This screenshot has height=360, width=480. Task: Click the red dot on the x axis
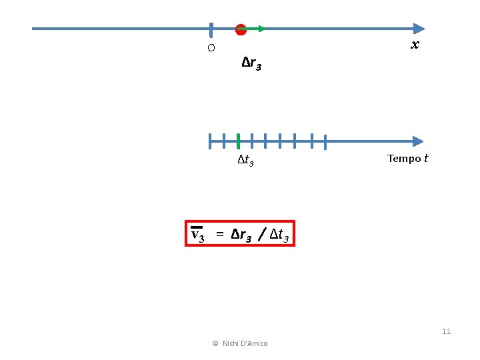pos(241,29)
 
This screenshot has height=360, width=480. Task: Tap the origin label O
pos(211,48)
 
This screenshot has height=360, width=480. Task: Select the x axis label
pos(415,45)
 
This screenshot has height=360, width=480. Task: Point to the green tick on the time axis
pos(238,141)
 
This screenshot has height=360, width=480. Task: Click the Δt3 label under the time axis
pos(245,161)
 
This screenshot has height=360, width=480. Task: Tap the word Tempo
pos(404,158)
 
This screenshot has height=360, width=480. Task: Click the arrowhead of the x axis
pos(419,29)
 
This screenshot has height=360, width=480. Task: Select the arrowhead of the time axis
pos(418,141)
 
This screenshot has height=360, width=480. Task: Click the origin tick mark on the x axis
pos(211,29)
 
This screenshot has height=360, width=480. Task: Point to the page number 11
pos(446,331)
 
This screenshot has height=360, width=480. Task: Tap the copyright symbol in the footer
pos(215,343)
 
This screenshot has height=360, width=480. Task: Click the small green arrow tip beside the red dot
pos(261,29)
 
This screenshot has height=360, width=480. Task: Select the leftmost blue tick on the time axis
pos(209,141)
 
